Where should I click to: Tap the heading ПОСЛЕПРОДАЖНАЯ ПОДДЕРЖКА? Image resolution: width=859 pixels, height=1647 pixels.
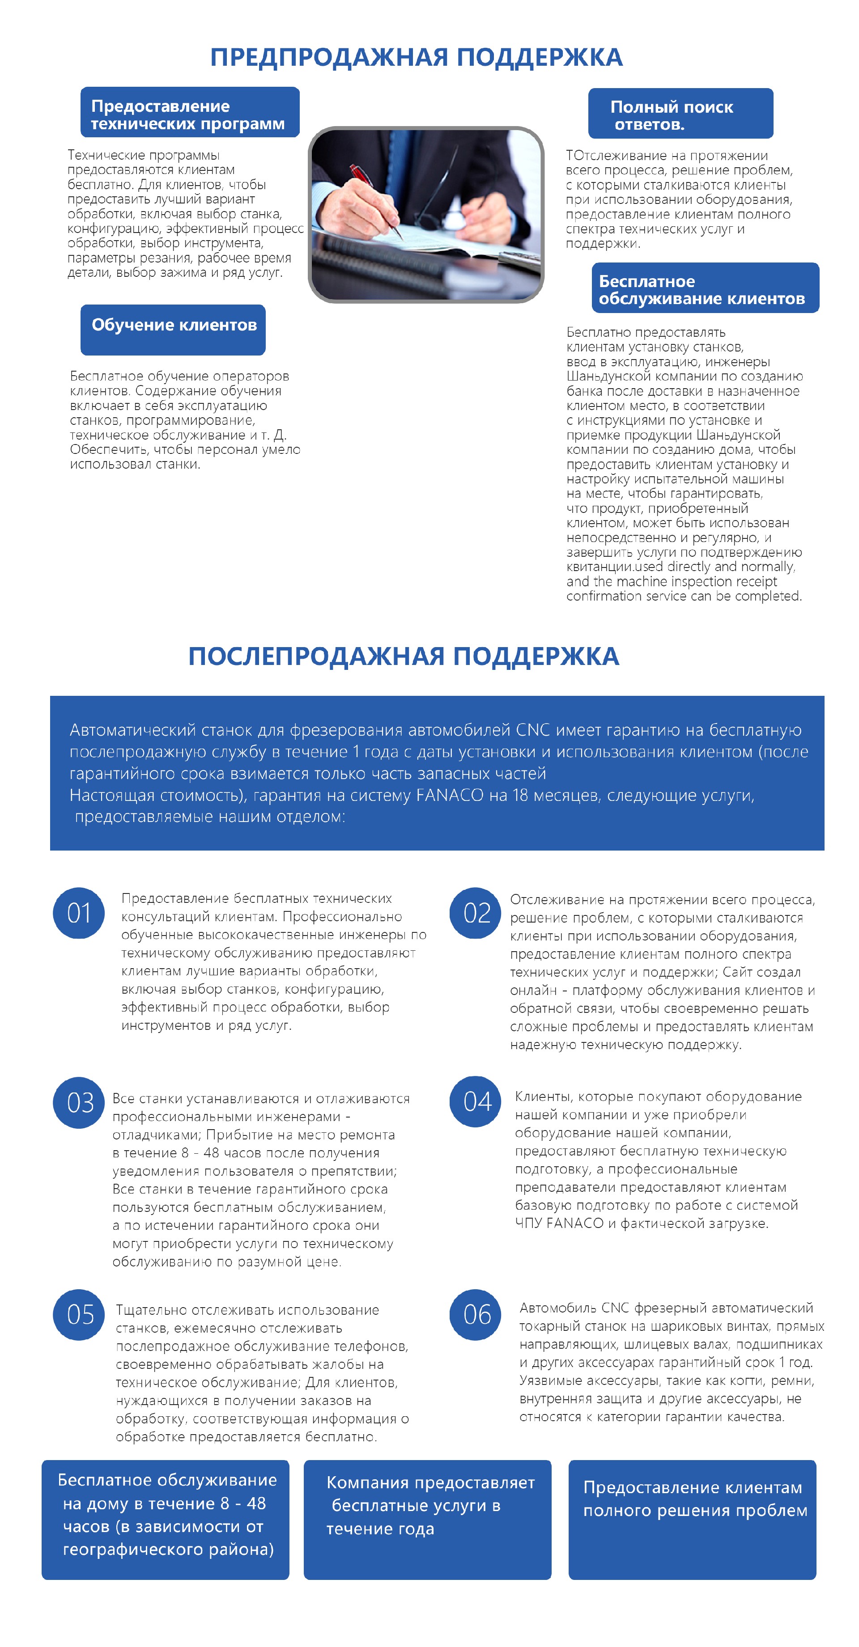click(x=404, y=656)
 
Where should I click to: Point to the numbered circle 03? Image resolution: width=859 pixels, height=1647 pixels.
click(x=79, y=1102)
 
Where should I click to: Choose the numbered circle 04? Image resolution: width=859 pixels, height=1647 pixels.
click(x=475, y=1101)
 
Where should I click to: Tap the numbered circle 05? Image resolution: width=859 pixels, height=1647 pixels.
click(x=79, y=1315)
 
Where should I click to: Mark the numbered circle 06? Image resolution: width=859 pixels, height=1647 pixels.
click(x=475, y=1315)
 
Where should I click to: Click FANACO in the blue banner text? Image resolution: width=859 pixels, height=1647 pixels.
click(x=449, y=796)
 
